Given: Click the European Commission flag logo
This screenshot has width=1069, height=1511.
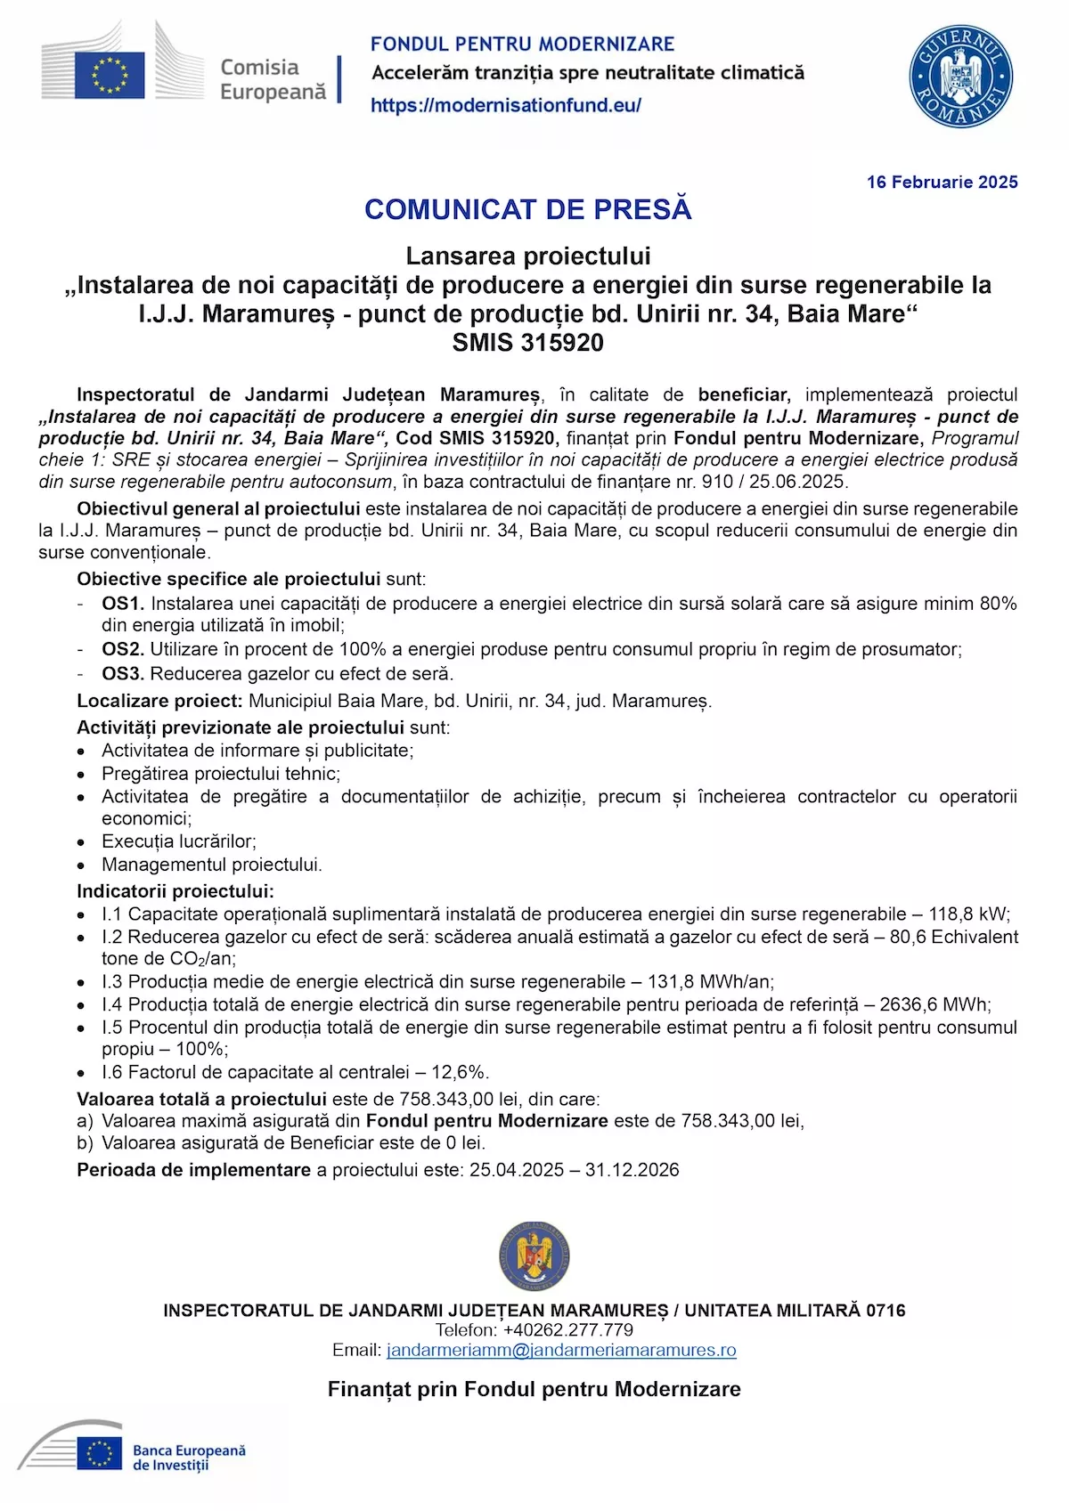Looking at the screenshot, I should [109, 74].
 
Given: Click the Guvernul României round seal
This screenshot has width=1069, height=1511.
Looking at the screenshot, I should [961, 77].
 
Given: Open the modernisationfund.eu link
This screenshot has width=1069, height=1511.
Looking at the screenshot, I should [505, 105].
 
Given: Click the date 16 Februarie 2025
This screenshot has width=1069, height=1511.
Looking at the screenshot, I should [942, 183].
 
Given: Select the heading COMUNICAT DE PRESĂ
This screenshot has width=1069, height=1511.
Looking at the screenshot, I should [527, 209].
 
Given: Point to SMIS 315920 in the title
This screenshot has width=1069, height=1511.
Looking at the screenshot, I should [527, 343].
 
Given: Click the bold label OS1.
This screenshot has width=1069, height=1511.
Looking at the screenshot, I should [122, 604].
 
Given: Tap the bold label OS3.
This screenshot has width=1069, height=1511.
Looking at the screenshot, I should [122, 674].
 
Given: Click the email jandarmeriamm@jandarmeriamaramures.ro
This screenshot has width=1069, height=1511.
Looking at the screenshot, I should [561, 1351].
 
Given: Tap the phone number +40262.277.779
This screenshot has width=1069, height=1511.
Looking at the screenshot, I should [567, 1330].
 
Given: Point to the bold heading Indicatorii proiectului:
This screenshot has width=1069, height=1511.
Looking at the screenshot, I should [175, 891].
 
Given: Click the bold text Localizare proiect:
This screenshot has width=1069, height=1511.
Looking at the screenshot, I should [159, 702].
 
